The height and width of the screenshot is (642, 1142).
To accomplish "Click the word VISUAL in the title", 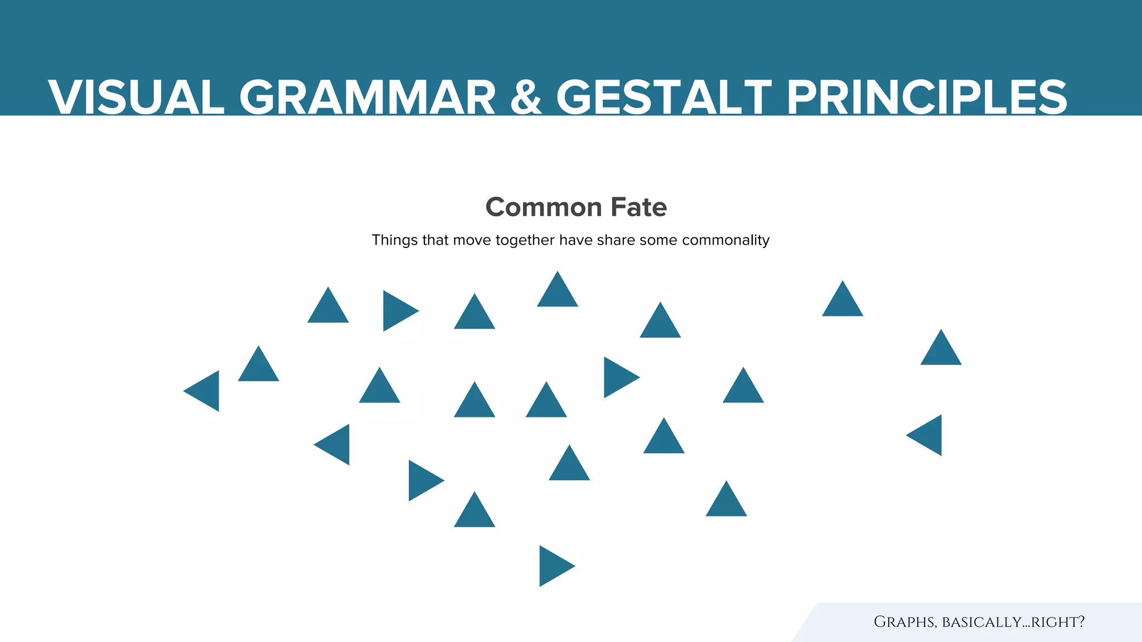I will (136, 98).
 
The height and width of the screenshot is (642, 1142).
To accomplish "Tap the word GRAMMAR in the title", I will (367, 98).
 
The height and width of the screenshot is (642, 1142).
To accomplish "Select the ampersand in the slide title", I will (526, 98).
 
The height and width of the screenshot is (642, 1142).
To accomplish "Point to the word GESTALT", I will (664, 98).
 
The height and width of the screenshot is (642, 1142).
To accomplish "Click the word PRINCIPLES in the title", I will (926, 98).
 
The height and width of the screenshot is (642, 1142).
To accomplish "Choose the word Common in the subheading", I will (544, 207).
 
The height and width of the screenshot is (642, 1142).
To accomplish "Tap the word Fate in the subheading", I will (639, 207).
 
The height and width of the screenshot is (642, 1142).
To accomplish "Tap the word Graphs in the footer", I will (904, 622).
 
